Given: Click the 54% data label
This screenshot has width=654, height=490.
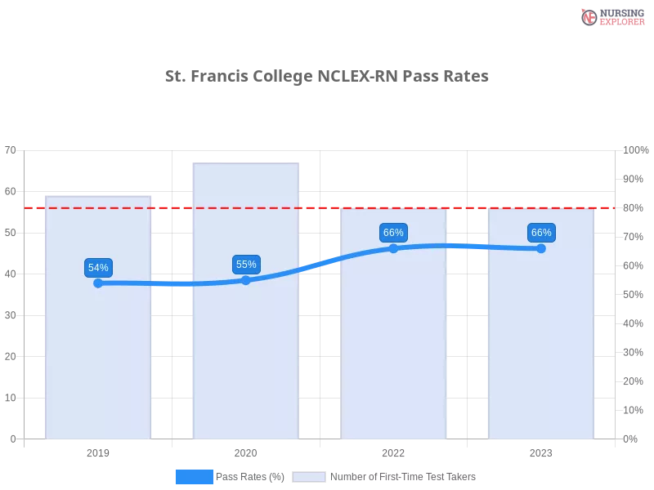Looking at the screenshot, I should pyautogui.click(x=98, y=268).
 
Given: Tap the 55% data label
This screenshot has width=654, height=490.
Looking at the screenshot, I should pyautogui.click(x=246, y=265).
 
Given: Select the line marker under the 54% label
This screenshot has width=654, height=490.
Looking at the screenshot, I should pyautogui.click(x=98, y=283).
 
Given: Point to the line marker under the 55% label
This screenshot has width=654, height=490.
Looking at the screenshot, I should pyautogui.click(x=246, y=280).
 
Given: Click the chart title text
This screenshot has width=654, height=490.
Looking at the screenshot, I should pyautogui.click(x=326, y=77).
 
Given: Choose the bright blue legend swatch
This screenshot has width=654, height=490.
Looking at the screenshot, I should pyautogui.click(x=194, y=477).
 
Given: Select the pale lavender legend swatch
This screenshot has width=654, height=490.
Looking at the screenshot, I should pyautogui.click(x=309, y=477).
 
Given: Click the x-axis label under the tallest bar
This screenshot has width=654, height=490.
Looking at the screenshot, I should pyautogui.click(x=245, y=451).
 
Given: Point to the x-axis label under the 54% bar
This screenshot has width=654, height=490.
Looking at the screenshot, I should pyautogui.click(x=98, y=451).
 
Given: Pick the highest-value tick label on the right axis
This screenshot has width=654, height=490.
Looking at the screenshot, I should pyautogui.click(x=634, y=149).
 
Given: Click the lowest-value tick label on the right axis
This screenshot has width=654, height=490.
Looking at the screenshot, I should pyautogui.click(x=631, y=439).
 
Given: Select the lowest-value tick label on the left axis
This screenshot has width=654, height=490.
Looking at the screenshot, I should pyautogui.click(x=12, y=439).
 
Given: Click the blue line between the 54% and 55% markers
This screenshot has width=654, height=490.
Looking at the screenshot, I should pyautogui.click(x=172, y=284).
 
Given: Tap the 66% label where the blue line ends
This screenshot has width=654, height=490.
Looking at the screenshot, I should pyautogui.click(x=541, y=233).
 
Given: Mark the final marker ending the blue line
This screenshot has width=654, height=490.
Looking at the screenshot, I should pyautogui.click(x=541, y=248).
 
